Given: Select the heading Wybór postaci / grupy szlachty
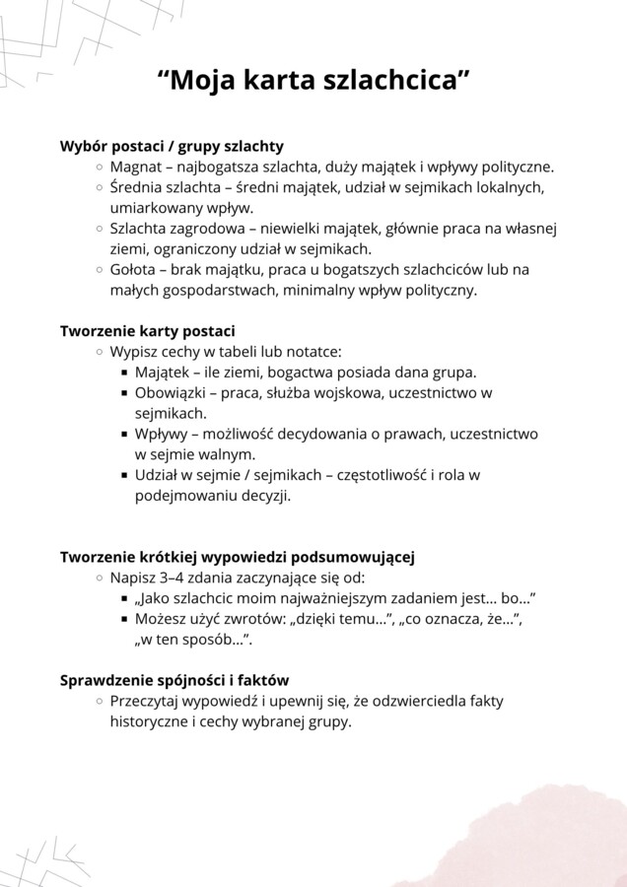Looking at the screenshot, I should tap(172, 146).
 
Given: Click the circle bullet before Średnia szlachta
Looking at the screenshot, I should tap(101, 187).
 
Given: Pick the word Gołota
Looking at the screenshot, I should tap(133, 269).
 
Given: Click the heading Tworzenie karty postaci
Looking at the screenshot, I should tap(148, 331).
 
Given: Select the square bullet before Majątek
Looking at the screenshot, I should tap(125, 374).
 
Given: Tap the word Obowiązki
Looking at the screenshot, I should tap(169, 393).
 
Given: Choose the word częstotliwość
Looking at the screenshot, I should tap(380, 475).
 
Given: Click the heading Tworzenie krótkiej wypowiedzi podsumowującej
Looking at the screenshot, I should tap(237, 557).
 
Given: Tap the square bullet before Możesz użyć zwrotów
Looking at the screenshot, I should tap(125, 620).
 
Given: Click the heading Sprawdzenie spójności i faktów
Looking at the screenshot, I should tap(174, 680).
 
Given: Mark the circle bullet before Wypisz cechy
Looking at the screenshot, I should tap(101, 352).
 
